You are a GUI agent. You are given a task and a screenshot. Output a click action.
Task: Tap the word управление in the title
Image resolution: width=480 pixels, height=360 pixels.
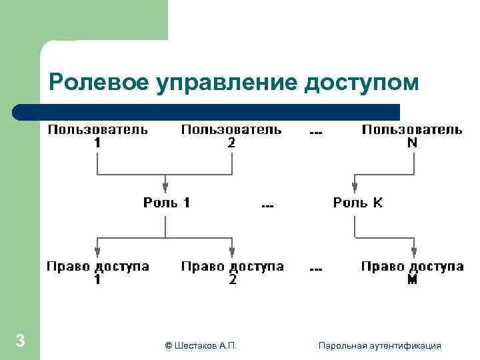coord(226,83)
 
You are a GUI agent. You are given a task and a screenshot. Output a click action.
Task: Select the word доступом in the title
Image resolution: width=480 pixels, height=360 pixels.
coord(361,83)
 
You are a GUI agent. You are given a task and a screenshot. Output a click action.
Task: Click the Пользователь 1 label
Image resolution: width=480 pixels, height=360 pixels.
coord(97,135)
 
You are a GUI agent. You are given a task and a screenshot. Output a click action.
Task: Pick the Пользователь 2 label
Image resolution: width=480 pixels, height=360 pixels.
coord(231,135)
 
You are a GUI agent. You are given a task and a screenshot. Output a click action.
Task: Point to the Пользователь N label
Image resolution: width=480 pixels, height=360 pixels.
coord(412,135)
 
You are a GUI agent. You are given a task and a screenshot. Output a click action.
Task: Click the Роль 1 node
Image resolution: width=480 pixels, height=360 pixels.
coord(167,202)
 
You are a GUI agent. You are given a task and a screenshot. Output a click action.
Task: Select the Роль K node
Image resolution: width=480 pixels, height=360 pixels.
coord(358,202)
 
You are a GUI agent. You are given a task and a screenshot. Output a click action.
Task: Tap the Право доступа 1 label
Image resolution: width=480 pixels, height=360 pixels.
coord(97,273)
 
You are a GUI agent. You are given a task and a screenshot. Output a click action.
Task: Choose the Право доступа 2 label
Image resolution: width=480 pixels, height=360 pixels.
coord(232,273)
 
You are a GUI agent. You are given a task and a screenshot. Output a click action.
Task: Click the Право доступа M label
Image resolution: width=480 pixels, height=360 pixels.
coord(413,273)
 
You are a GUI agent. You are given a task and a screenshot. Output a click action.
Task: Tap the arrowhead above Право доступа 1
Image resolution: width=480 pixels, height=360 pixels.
coord(97,251)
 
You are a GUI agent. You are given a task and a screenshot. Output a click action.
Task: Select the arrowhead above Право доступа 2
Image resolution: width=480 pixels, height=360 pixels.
coord(232,251)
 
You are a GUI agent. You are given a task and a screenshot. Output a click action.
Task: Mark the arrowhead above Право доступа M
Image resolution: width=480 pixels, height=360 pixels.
coord(414,251)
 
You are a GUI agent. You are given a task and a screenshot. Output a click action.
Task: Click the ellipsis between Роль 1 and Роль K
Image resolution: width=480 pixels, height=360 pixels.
coord(267,205)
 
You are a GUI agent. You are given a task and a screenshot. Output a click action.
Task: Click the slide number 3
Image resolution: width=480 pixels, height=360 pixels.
coord(20,341)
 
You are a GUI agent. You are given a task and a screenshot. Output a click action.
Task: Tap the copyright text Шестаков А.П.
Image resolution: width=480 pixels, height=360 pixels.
coord(200,345)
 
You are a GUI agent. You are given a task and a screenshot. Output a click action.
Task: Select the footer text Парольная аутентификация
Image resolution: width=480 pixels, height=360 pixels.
coord(379,345)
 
